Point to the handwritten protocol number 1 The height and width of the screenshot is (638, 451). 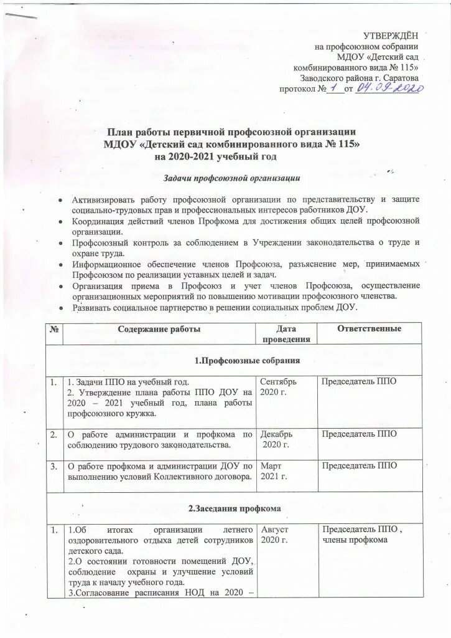click(334, 89)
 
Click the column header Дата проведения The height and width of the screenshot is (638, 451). click(286, 334)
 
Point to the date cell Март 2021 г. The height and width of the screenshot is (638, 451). click(274, 472)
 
